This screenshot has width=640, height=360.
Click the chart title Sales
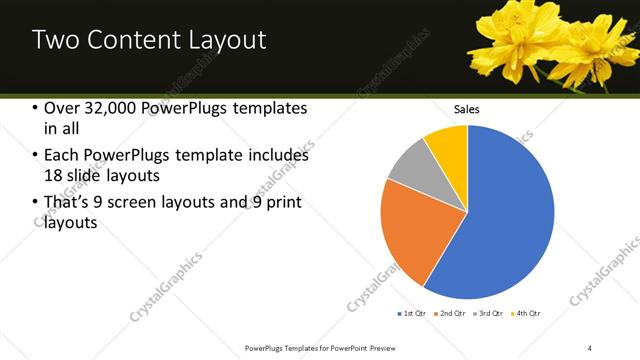(x=467, y=108)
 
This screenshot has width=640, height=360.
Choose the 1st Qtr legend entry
(x=413, y=314)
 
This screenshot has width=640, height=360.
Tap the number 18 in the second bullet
(x=54, y=176)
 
